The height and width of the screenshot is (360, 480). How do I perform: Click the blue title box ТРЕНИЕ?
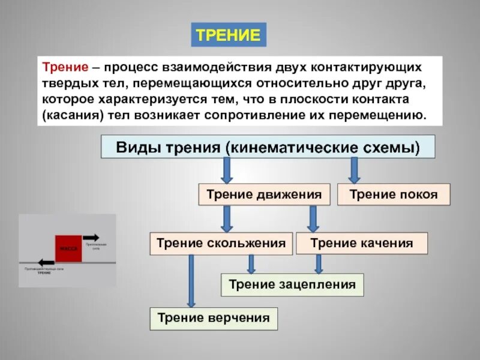[229, 35]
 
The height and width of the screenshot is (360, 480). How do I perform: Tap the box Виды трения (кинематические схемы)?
[268, 146]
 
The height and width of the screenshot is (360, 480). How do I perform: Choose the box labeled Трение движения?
[264, 194]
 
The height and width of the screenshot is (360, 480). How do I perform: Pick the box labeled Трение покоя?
[393, 194]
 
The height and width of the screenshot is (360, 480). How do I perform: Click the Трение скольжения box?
[221, 243]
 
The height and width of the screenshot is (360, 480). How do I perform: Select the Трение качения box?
[362, 243]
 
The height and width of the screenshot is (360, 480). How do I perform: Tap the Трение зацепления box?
[292, 284]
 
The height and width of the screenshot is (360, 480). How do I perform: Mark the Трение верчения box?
[214, 317]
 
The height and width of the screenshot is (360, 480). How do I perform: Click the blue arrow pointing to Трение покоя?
[355, 170]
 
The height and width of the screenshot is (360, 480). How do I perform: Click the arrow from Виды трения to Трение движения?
[227, 170]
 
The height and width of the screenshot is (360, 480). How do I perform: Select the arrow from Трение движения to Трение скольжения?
[227, 219]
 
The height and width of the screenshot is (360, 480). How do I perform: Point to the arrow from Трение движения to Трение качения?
[313, 219]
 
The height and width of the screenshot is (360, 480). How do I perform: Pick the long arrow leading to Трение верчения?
[191, 281]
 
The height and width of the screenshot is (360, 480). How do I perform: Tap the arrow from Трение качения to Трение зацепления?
[319, 264]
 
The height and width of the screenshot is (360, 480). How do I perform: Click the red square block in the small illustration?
[68, 248]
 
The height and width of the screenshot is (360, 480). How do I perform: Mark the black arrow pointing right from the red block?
[91, 237]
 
